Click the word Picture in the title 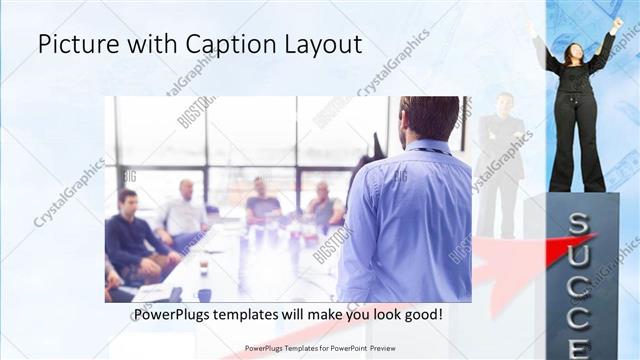78,45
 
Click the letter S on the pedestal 578,224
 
